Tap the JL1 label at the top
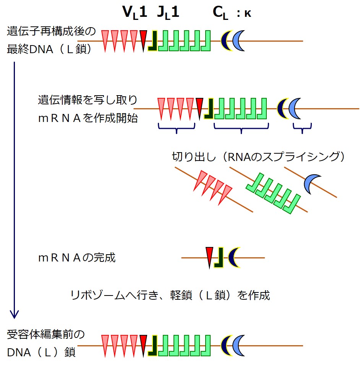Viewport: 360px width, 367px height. (x=168, y=13)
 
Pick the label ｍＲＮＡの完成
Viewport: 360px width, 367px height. (x=76, y=258)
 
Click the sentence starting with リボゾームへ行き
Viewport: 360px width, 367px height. (x=170, y=295)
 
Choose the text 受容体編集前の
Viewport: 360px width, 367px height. (x=45, y=334)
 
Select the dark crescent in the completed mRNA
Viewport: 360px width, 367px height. (x=233, y=257)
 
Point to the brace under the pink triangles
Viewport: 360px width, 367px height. (x=176, y=128)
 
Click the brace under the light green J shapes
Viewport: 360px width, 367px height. (x=241, y=128)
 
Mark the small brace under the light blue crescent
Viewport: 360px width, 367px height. (x=302, y=128)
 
